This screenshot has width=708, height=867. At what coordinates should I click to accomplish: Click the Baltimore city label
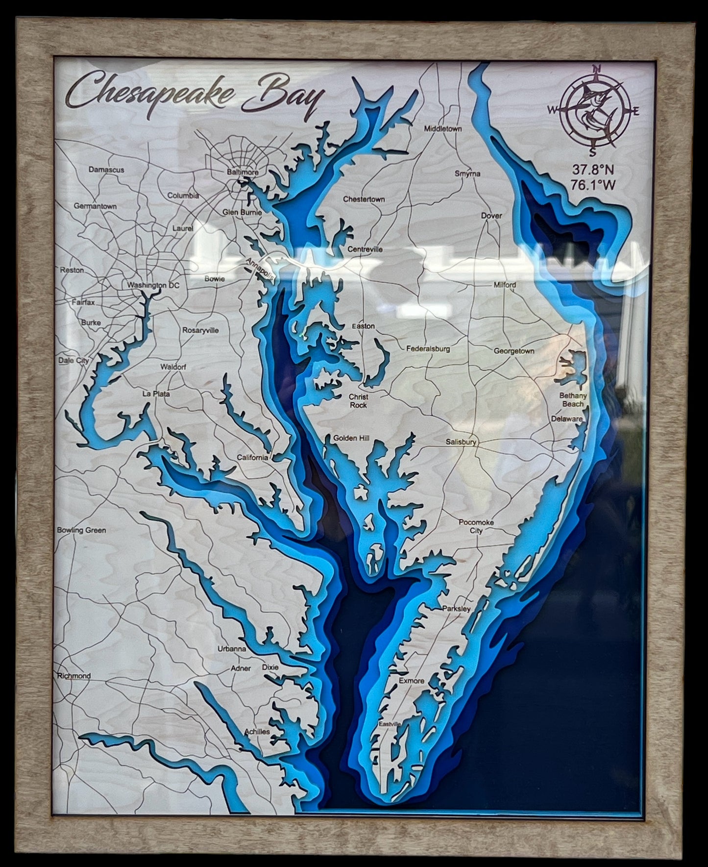tap(243, 173)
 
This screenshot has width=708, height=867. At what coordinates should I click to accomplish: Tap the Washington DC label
tap(153, 285)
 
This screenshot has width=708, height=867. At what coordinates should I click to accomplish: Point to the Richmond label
tap(74, 676)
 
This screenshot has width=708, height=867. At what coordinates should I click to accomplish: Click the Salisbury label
tap(461, 442)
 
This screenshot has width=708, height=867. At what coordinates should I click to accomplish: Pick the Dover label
tap(491, 216)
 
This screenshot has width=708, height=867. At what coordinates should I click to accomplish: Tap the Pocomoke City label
tap(476, 526)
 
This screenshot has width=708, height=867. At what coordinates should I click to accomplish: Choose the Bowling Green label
tap(81, 530)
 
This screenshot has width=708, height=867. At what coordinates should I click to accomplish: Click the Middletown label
tap(443, 129)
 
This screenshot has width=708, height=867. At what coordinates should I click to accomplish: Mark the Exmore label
tap(411, 681)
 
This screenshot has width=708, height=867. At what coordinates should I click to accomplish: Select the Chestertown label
tap(364, 199)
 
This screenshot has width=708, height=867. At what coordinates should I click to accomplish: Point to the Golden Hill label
tap(351, 438)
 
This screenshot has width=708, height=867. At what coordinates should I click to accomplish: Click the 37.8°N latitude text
tap(593, 170)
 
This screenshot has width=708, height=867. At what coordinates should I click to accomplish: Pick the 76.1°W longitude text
tap(593, 185)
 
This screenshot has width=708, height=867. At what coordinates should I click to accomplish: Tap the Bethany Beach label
tap(573, 400)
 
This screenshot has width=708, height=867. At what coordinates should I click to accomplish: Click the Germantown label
tap(95, 206)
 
